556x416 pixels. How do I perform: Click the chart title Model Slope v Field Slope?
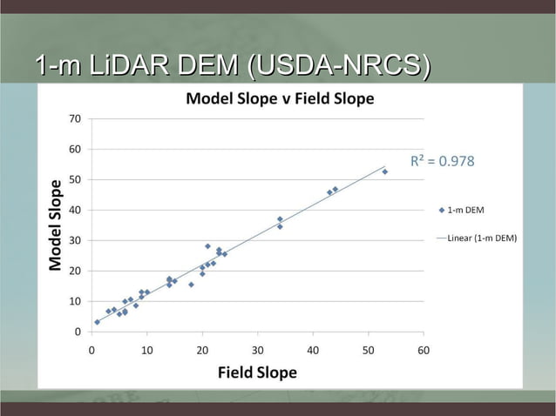pyautogui.click(x=280, y=98)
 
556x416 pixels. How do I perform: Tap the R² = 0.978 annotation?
pyautogui.click(x=442, y=161)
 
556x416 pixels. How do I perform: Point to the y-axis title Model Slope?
pyautogui.click(x=56, y=225)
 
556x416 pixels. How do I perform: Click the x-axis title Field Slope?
pyautogui.click(x=257, y=372)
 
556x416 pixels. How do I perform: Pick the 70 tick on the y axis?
pyautogui.click(x=77, y=118)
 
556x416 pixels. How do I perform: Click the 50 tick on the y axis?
pyautogui.click(x=77, y=179)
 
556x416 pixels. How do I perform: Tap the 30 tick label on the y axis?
pyautogui.click(x=77, y=240)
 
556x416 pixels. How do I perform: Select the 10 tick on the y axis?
pyautogui.click(x=77, y=301)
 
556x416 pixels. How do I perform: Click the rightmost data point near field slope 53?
pyautogui.click(x=384, y=171)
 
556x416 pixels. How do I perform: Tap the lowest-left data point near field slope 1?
pyautogui.click(x=98, y=321)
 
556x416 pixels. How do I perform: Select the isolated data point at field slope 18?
pyautogui.click(x=191, y=285)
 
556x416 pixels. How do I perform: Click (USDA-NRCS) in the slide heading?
pyautogui.click(x=340, y=65)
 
